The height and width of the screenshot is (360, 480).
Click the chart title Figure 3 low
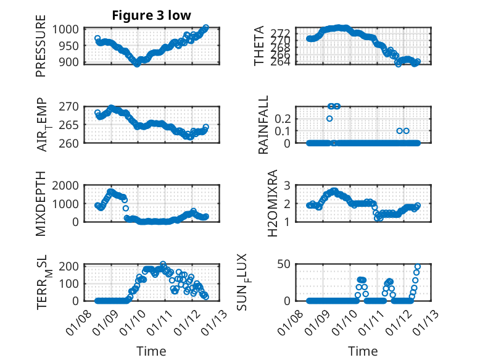coord(151,15)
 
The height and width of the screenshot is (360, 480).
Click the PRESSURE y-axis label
coord(41,49)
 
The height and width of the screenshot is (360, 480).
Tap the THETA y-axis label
coord(259,46)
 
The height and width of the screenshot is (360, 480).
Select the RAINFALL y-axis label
coord(263,125)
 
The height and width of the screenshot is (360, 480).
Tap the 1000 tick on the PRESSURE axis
coord(65,29)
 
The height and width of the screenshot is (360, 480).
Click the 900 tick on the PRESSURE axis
coord(68,62)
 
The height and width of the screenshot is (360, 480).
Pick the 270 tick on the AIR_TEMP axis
coord(68,106)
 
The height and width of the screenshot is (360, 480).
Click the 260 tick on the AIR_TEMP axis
coord(68,143)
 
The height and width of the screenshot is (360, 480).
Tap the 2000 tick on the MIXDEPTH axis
coord(65,185)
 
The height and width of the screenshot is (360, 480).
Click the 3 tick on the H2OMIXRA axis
coord(287,185)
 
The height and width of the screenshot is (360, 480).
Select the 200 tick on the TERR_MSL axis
coord(68,266)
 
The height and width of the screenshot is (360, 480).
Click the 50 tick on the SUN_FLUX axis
coord(284,264)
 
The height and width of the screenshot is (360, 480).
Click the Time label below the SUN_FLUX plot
coord(363,351)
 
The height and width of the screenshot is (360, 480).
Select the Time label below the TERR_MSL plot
coord(151,351)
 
